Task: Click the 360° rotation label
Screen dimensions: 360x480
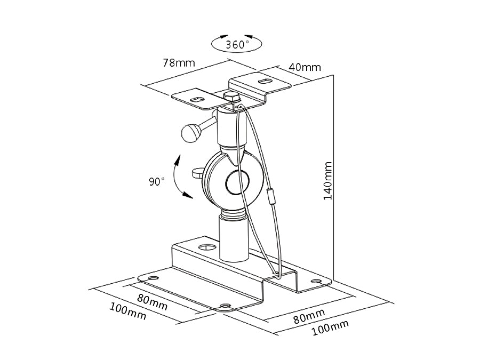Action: click(x=237, y=44)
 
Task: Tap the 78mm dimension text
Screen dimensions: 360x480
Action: click(x=178, y=62)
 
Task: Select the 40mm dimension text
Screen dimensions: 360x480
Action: click(x=305, y=67)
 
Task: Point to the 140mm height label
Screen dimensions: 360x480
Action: click(x=329, y=181)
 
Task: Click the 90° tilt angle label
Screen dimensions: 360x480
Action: click(x=156, y=181)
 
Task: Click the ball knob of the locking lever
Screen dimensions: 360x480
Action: click(x=190, y=133)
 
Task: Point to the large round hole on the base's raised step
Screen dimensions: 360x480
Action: click(x=206, y=247)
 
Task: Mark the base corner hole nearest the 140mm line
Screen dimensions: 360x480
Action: click(x=316, y=281)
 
